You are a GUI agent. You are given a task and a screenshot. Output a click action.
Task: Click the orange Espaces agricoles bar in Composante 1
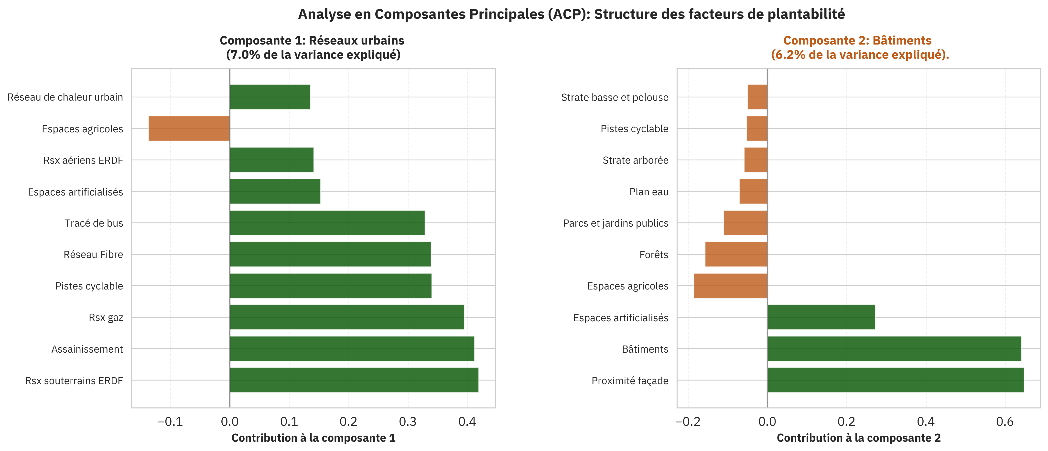pos(189,128)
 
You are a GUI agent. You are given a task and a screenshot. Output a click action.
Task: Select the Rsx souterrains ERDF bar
pos(354,380)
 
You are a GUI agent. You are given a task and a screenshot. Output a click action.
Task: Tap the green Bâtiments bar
pos(894,349)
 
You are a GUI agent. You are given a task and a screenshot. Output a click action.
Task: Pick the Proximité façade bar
pos(895,380)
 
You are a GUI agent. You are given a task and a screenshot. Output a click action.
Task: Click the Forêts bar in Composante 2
pos(736,254)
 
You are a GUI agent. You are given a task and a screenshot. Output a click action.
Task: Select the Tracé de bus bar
pos(327,223)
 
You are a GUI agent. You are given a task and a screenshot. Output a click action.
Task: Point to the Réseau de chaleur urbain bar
pos(270,97)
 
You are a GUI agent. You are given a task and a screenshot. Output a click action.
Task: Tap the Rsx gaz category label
pos(106,317)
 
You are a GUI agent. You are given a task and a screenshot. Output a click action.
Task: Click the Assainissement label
pos(87,349)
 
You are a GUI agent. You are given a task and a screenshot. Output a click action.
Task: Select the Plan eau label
pos(648,192)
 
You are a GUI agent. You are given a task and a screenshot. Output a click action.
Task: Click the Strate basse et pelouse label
pos(614,97)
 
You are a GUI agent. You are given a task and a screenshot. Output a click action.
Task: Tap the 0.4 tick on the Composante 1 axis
pos(467,421)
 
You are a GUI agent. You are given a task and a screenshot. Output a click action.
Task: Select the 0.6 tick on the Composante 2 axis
pos(1005,421)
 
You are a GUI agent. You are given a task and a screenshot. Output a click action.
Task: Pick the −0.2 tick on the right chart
pos(688,421)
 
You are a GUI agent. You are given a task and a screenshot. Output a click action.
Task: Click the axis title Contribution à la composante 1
pos(313,438)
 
